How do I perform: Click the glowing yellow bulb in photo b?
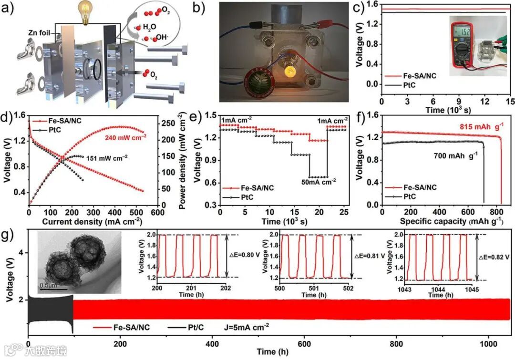(289, 72)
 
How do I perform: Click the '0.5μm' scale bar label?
(50, 285)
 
